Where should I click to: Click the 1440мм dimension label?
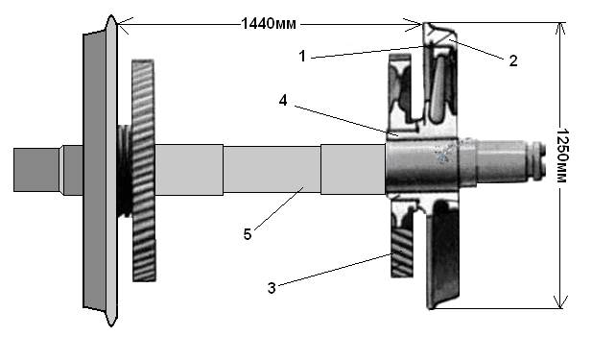click(269, 24)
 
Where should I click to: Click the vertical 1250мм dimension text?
click(562, 156)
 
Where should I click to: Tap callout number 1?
click(302, 57)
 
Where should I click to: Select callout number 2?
click(512, 60)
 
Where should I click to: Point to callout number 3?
click(272, 288)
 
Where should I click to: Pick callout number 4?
click(283, 101)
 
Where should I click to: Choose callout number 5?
click(248, 234)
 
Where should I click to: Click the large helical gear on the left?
click(144, 170)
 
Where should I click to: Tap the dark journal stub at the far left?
click(36, 170)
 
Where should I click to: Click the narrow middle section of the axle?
click(272, 170)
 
